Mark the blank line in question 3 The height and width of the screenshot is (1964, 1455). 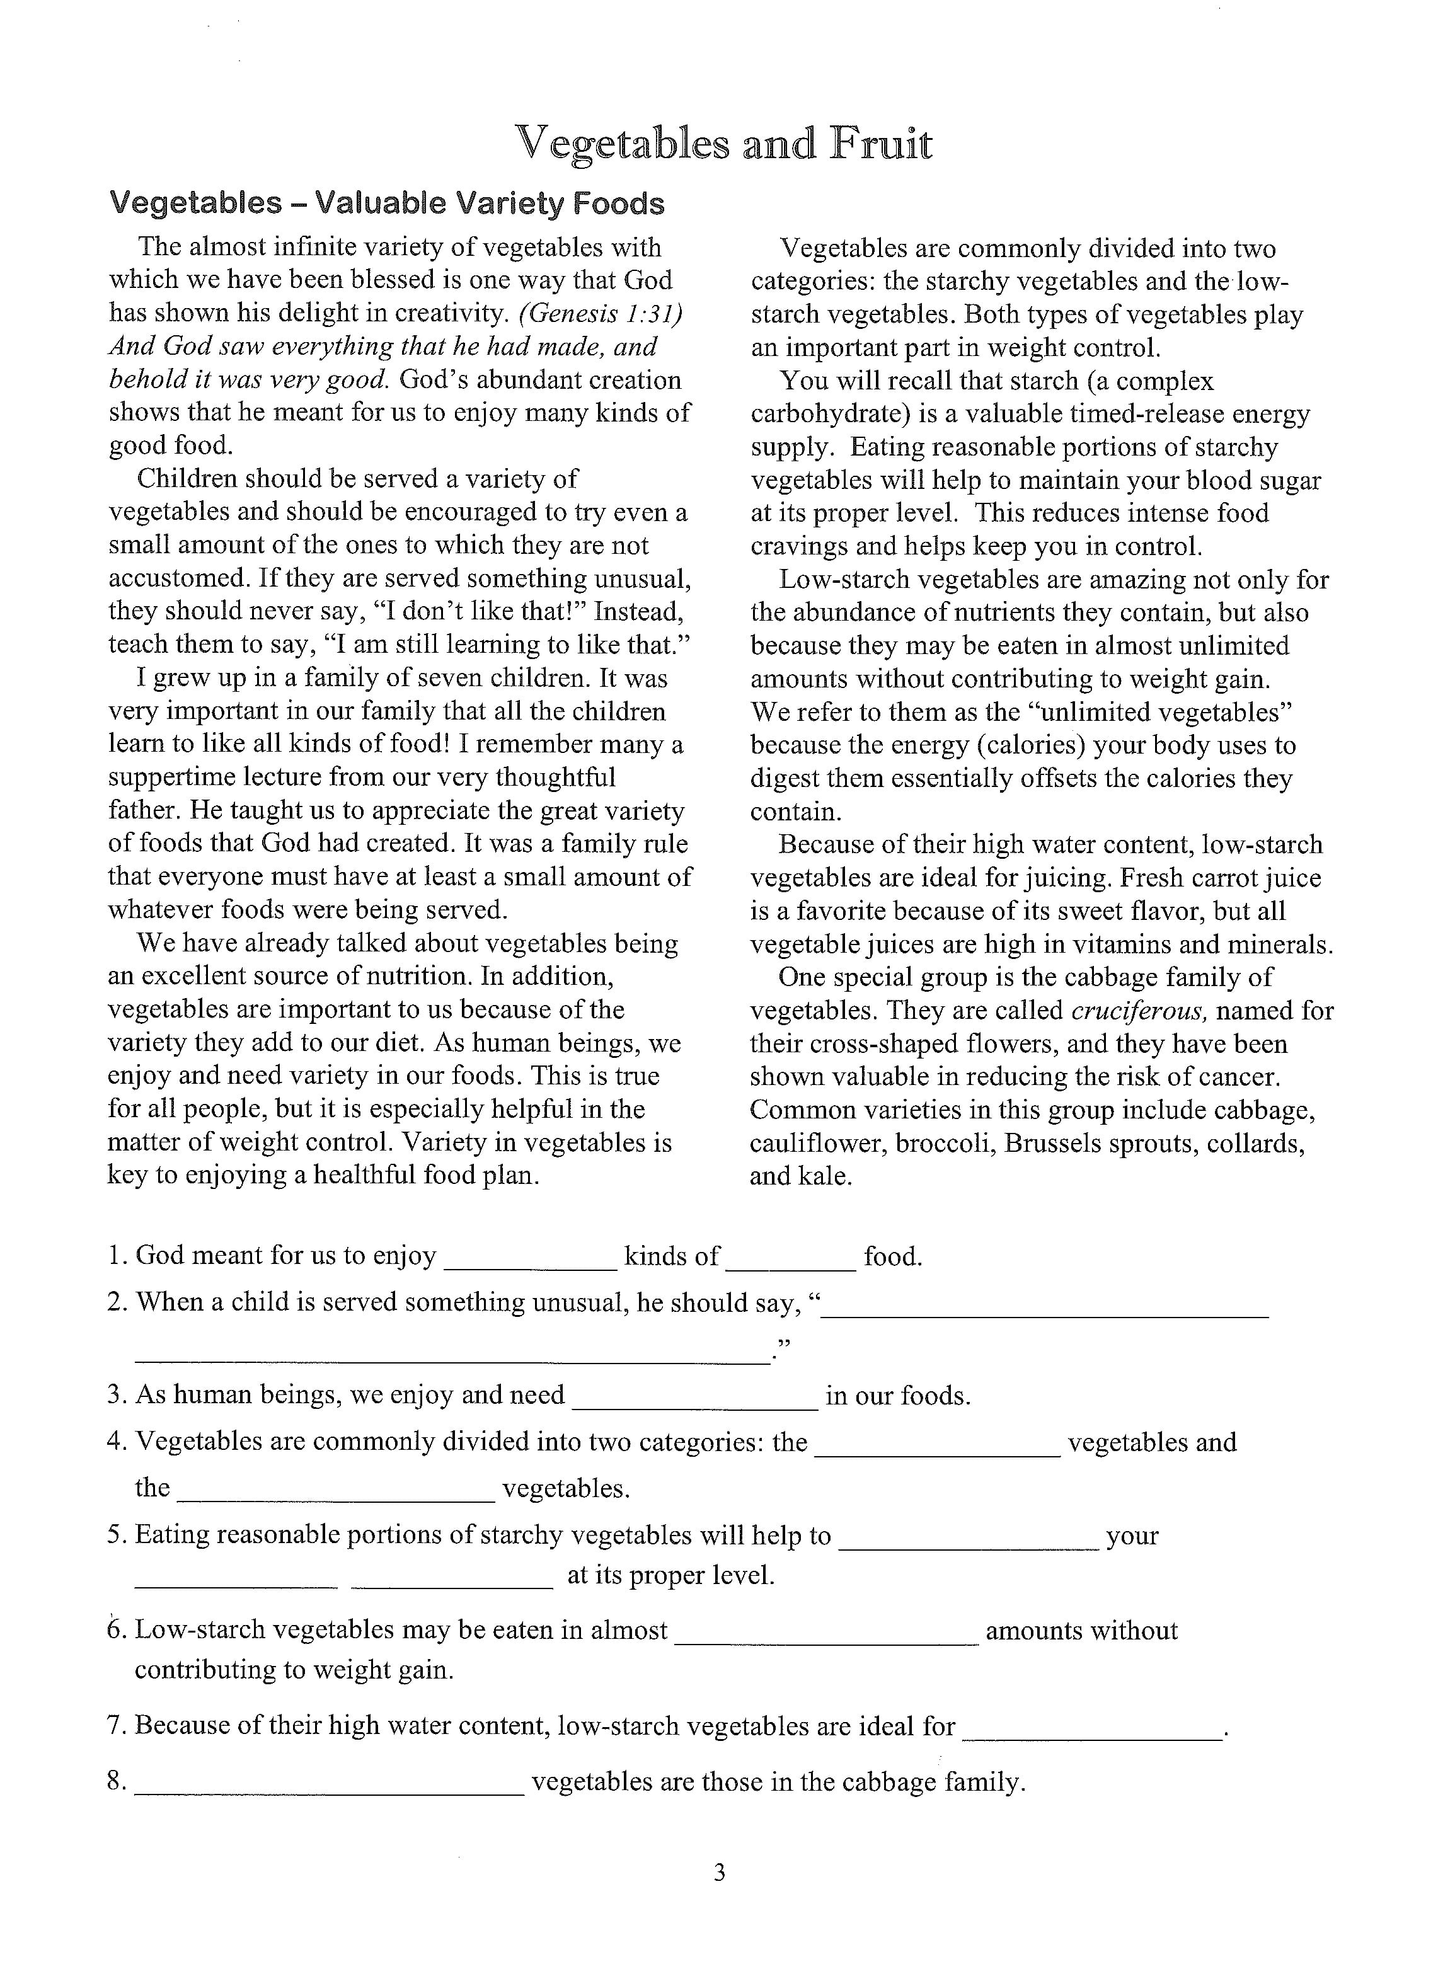tap(695, 1406)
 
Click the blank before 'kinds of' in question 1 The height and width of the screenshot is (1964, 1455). tap(530, 1266)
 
